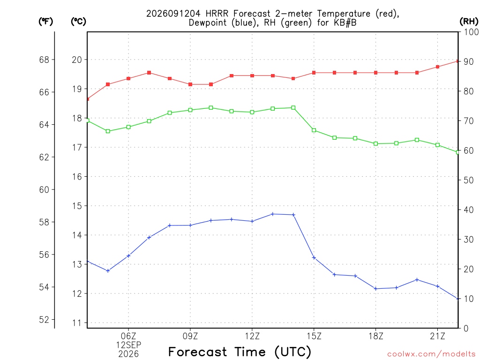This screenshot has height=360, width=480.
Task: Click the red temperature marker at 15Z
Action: tap(314, 73)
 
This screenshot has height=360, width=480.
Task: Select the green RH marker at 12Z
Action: tap(252, 112)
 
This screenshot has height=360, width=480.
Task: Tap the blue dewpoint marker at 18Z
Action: tap(375, 289)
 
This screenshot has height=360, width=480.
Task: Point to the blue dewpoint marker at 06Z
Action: tap(128, 255)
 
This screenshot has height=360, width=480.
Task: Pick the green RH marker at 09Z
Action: tap(190, 110)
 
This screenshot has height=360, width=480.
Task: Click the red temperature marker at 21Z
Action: tap(437, 67)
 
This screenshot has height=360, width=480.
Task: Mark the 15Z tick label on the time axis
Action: tap(314, 336)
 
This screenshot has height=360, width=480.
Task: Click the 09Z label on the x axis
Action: tap(190, 336)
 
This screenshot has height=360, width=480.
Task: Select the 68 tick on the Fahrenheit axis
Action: tap(45, 60)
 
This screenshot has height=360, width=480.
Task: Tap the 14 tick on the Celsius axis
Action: tap(77, 235)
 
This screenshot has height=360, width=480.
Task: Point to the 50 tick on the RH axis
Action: tap(469, 180)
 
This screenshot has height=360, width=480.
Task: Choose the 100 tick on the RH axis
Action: tap(471, 32)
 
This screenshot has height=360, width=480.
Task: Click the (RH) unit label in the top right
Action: tap(469, 22)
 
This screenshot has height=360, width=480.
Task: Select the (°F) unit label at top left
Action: tap(45, 22)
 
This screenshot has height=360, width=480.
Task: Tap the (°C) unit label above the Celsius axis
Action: tap(78, 22)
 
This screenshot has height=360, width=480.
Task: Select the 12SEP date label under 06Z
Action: tap(128, 345)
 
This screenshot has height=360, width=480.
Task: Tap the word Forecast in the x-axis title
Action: tap(198, 352)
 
